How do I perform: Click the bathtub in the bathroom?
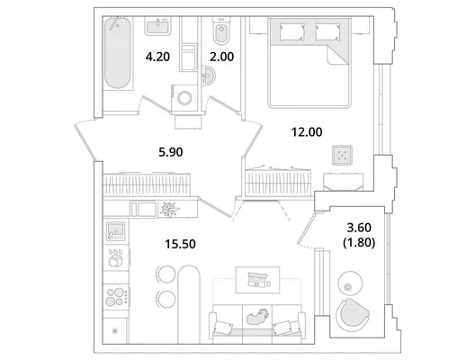118,53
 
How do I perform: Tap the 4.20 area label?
157,57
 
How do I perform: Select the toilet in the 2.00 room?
221,31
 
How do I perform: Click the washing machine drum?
184,98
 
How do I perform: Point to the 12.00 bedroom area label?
307,132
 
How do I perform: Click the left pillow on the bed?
292,31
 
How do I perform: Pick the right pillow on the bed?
327,31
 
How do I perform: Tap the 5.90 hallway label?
171,152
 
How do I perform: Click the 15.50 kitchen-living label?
180,244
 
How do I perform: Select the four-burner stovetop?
116,297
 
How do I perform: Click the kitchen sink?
115,231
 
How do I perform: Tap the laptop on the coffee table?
257,279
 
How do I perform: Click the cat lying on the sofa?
257,317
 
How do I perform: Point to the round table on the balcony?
350,283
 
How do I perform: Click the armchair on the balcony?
352,314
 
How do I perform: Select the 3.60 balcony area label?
359,228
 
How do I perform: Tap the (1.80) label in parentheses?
359,243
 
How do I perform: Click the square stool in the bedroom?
343,155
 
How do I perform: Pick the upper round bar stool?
166,274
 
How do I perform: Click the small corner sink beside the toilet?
209,75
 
